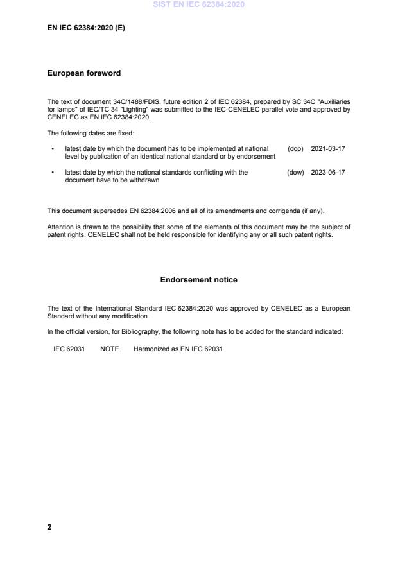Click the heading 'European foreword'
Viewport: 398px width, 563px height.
click(84, 73)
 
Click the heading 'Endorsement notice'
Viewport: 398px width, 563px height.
click(199, 280)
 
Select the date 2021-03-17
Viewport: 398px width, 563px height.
click(328, 148)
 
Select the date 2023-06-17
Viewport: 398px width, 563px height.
click(328, 172)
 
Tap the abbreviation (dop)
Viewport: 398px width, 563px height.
click(295, 148)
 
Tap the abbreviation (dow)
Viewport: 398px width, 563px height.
click(295, 172)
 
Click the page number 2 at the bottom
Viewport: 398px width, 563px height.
click(49, 527)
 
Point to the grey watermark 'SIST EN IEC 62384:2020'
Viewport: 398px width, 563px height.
click(199, 5)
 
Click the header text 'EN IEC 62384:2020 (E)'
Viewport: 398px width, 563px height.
click(86, 28)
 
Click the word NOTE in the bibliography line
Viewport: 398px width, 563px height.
click(109, 349)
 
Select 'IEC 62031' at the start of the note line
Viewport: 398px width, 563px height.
click(69, 349)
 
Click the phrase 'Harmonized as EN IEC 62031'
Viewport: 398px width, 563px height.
click(178, 349)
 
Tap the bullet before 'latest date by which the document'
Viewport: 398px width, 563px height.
click(51, 148)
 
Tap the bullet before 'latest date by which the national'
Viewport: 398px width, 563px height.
click(51, 172)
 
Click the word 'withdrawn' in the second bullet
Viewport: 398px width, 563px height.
click(146, 180)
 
